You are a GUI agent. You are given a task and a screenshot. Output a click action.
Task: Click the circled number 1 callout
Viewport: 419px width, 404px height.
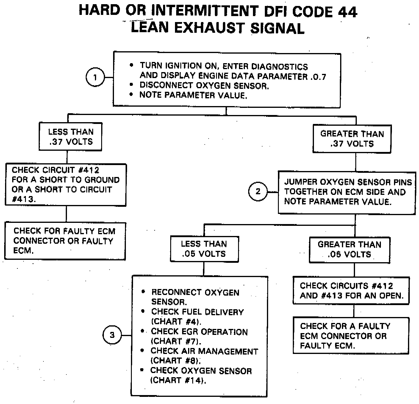[95, 77]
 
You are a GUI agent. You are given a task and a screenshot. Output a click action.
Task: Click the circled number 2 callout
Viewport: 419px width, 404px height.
[258, 191]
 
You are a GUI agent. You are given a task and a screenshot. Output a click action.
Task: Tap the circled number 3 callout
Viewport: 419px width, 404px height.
[112, 335]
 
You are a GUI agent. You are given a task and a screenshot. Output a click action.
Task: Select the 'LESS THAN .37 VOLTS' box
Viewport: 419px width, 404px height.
[71, 137]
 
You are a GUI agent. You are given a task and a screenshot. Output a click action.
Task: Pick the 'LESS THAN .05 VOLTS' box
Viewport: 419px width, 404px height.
[204, 249]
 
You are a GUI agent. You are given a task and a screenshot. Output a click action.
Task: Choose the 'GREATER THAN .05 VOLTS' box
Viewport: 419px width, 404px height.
[349, 250]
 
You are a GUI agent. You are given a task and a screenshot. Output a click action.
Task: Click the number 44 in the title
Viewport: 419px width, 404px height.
[347, 12]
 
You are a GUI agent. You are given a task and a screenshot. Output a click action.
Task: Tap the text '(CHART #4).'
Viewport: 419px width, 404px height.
[176, 322]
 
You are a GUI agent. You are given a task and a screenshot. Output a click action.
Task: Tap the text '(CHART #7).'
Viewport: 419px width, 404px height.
[176, 341]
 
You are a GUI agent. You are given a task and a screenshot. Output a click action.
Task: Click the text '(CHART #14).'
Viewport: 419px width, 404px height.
[178, 380]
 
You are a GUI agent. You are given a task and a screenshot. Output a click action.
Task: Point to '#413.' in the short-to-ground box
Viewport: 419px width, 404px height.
[24, 199]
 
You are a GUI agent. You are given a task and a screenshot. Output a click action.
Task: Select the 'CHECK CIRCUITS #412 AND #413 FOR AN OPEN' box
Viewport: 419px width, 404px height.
[351, 290]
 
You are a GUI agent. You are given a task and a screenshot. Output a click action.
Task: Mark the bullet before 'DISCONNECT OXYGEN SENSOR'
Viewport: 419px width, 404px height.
[131, 85]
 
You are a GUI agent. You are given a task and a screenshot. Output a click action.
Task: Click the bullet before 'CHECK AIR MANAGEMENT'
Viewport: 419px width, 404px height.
[143, 351]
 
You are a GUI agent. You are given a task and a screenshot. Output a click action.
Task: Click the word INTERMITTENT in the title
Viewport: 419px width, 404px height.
[205, 11]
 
